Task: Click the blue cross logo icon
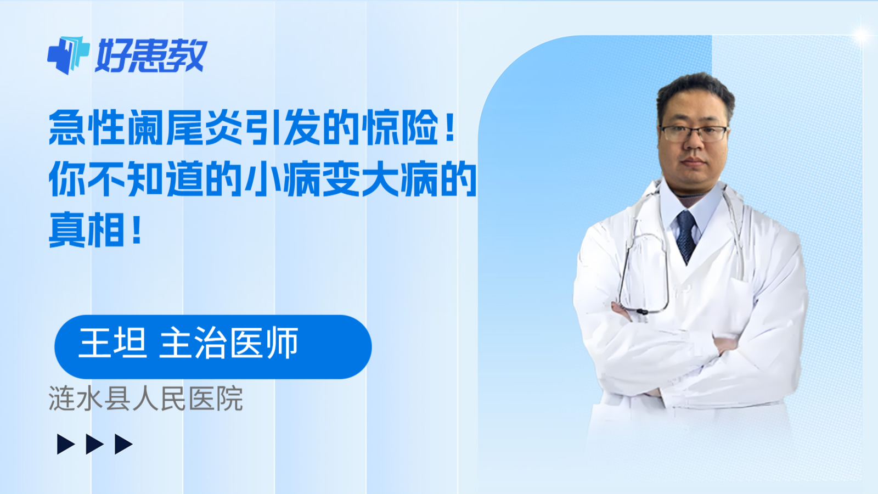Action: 68,55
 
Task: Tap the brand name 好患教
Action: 151,55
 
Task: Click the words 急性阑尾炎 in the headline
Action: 145,128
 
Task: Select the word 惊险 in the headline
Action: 399,128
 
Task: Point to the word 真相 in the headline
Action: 87,229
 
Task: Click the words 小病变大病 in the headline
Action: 341,179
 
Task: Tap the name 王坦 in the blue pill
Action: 113,343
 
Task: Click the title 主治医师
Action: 229,343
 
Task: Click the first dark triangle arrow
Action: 65,444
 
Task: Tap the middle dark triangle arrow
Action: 94,444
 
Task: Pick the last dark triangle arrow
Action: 123,444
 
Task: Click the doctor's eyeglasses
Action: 694,134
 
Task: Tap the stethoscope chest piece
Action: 641,312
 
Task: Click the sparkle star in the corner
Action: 862,35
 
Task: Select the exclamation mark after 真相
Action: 137,229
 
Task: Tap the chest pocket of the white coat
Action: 740,298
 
